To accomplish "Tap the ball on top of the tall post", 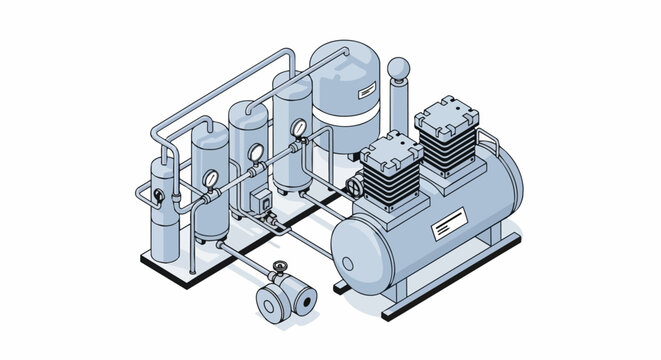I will point(400,68).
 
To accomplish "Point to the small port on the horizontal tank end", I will point(347,263).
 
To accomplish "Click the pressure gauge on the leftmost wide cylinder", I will point(211,178).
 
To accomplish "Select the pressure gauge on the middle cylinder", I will point(256,152).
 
